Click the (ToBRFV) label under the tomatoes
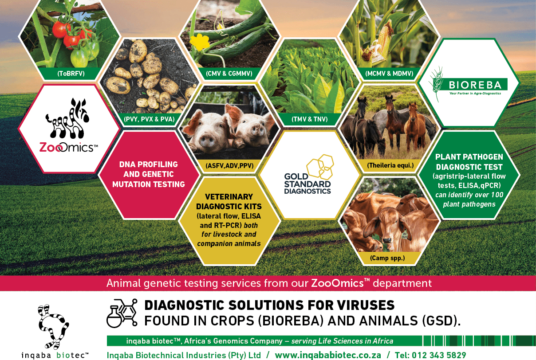pyautogui.click(x=71, y=74)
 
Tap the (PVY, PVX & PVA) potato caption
pyautogui.click(x=149, y=119)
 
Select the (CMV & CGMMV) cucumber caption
pyautogui.click(x=229, y=74)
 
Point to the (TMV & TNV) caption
pyautogui.click(x=309, y=119)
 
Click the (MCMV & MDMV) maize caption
pyautogui.click(x=389, y=74)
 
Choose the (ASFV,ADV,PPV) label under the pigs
pyautogui.click(x=229, y=165)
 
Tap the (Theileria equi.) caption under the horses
pyautogui.click(x=390, y=165)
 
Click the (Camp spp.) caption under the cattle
pyautogui.click(x=387, y=258)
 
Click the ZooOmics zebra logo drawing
pyautogui.click(x=68, y=118)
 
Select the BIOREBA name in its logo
pyautogui.click(x=475, y=85)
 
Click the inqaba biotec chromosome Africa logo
pyautogui.click(x=53, y=326)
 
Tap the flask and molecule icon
pyautogui.click(x=122, y=313)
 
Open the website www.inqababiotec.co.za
pyautogui.click(x=328, y=355)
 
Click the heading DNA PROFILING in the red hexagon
pyautogui.click(x=149, y=164)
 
